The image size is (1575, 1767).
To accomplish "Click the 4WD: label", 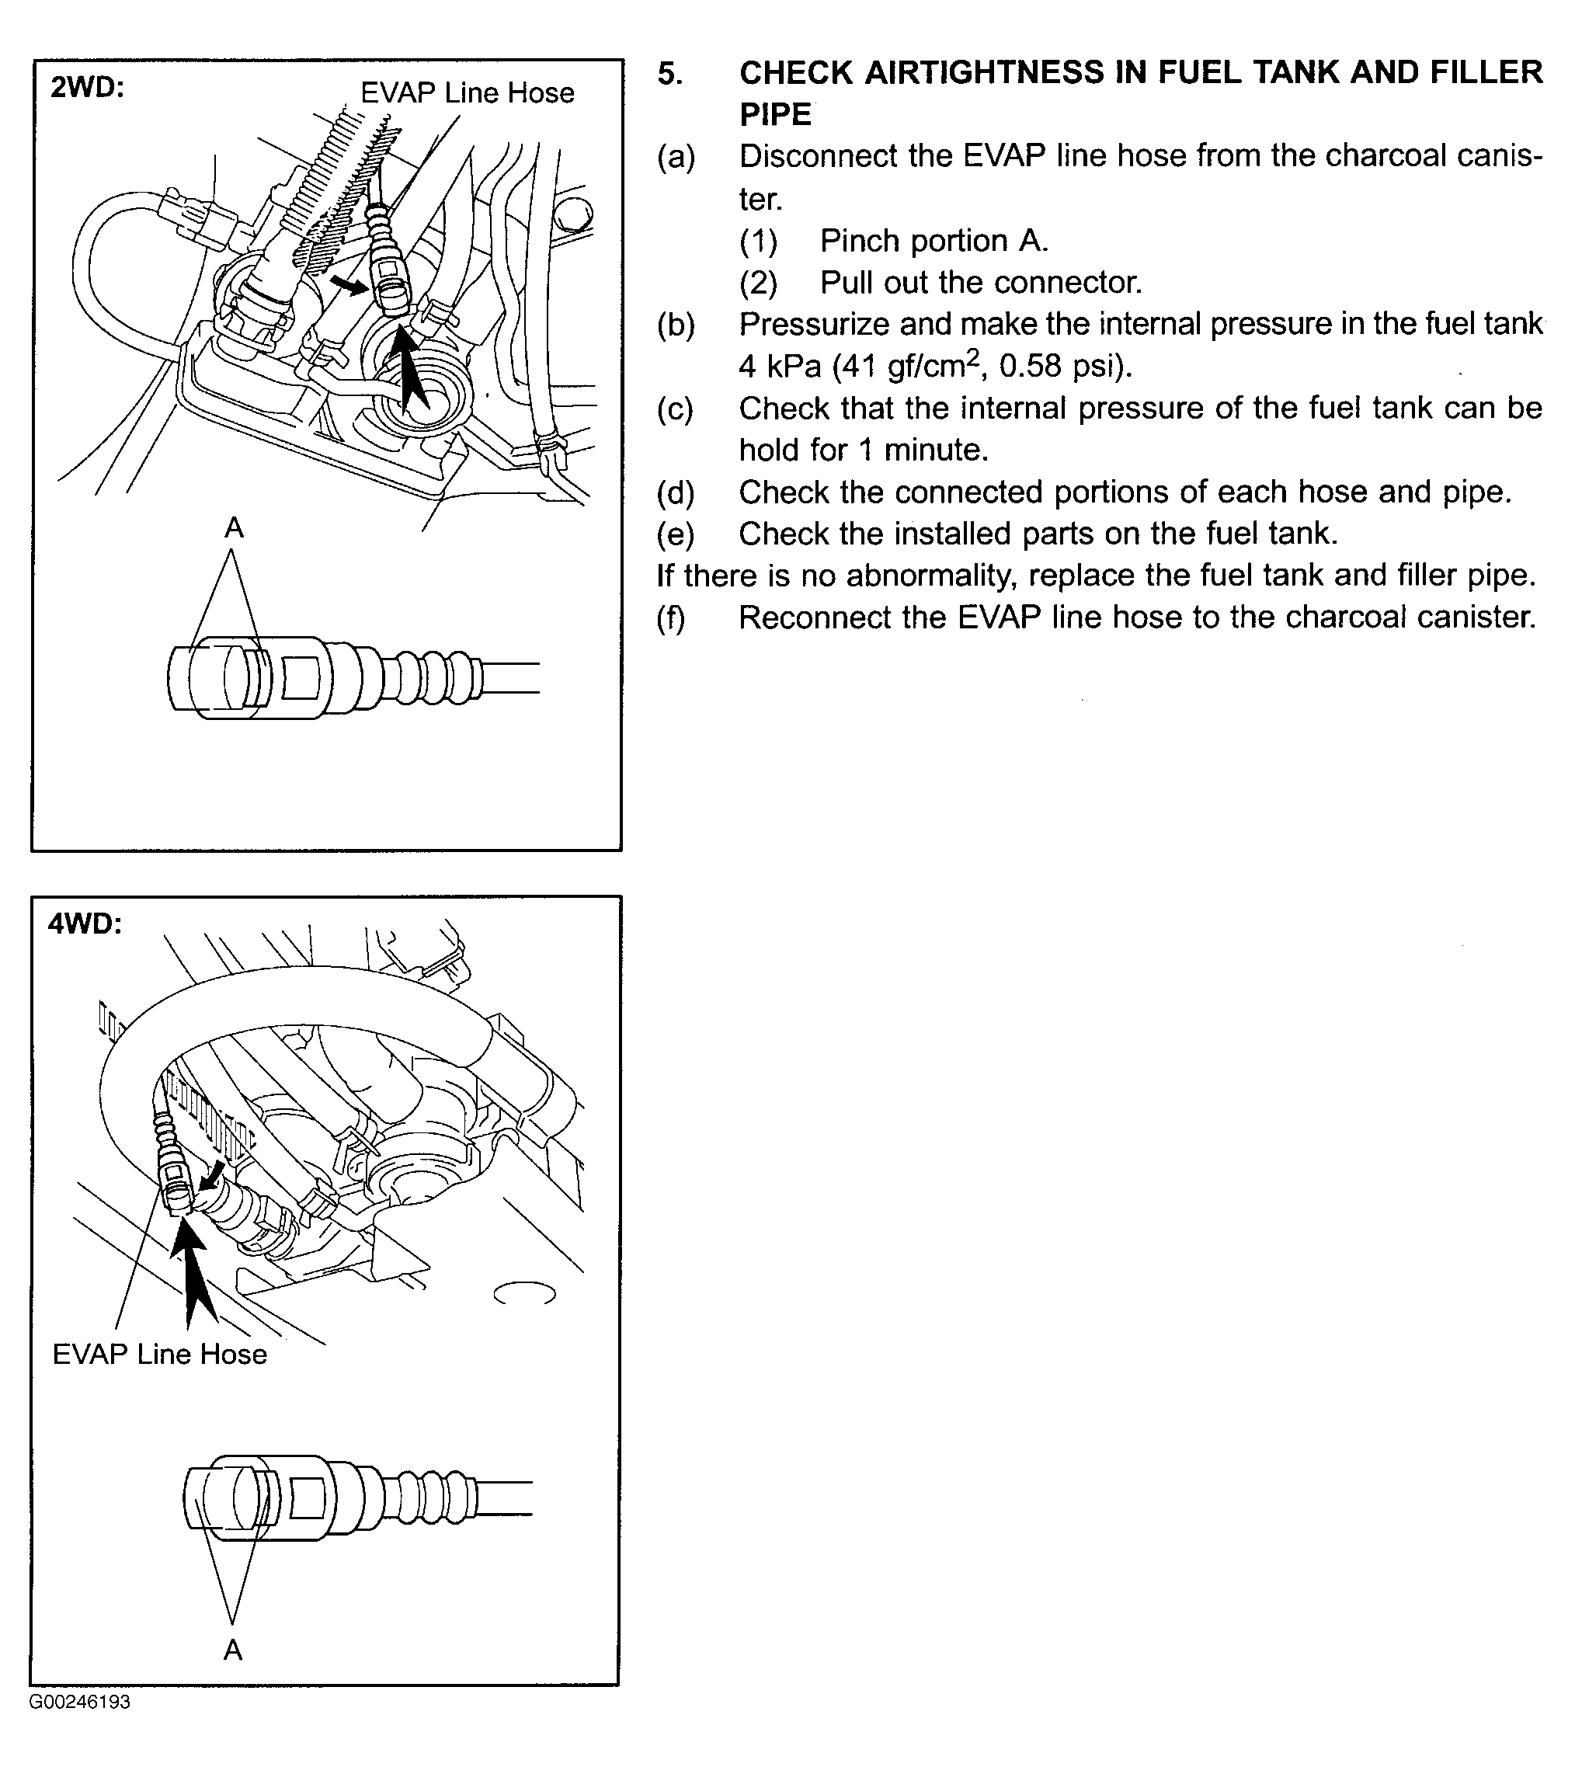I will pos(85,924).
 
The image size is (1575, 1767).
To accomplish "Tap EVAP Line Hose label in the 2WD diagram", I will pos(468,92).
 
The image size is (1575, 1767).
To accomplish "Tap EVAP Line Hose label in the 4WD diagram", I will pos(160,1355).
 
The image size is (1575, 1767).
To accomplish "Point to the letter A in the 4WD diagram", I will pos(233,1650).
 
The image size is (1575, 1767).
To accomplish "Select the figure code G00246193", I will pos(80,1702).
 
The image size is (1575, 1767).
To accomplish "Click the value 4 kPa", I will pos(779,366).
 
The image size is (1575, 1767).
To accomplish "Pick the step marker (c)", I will pos(676,409).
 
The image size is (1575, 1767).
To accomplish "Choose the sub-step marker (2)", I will pos(758,283).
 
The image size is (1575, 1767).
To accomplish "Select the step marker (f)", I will pos(672,617).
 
